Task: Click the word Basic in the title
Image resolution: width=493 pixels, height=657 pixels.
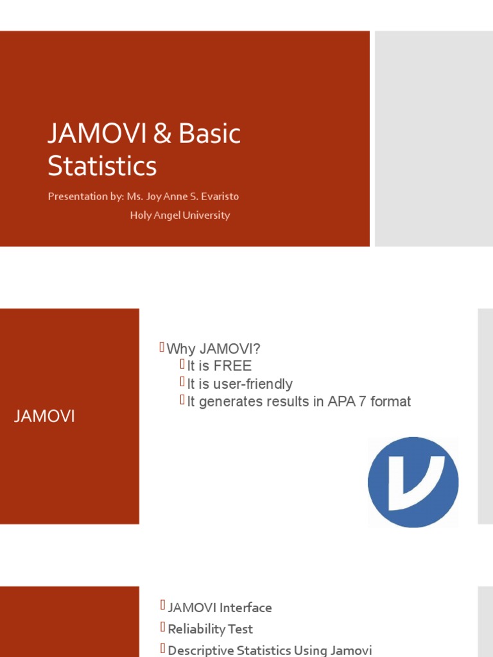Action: coord(210,134)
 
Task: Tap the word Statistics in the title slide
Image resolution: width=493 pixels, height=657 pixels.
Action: coord(102,166)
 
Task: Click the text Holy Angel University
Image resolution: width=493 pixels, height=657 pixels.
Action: coord(180,216)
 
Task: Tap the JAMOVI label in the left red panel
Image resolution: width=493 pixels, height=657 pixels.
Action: coord(44,416)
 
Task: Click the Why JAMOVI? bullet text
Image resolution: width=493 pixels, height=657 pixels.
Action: coord(214,350)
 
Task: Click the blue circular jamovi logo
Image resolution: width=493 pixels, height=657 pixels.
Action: coord(413,482)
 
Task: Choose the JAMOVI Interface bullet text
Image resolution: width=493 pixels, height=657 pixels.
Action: coord(220,608)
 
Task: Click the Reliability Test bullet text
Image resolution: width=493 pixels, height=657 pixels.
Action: coord(211,629)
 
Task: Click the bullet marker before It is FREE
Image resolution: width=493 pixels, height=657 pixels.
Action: coord(182,365)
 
